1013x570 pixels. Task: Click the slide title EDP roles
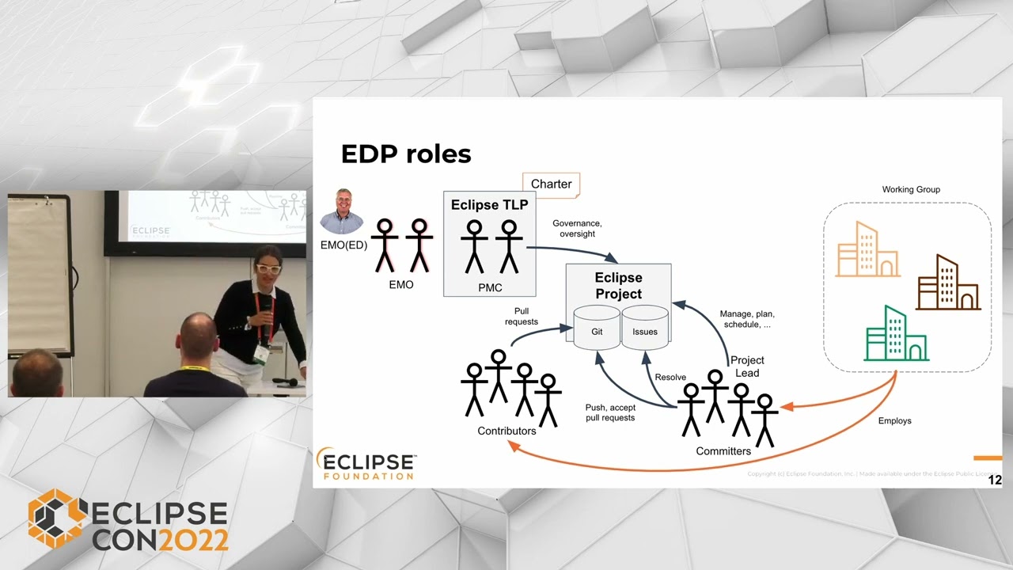pyautogui.click(x=405, y=154)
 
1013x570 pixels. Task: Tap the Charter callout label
pyautogui.click(x=551, y=184)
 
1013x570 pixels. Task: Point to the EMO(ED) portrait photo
pyautogui.click(x=342, y=211)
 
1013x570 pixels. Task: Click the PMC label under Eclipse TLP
pyautogui.click(x=490, y=287)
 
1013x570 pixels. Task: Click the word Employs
pyautogui.click(x=894, y=420)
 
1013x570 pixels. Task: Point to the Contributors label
pyautogui.click(x=506, y=431)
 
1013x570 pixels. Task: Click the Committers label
pyautogui.click(x=723, y=451)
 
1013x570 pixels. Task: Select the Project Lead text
pyautogui.click(x=746, y=367)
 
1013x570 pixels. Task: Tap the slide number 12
pyautogui.click(x=995, y=480)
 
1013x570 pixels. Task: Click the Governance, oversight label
pyautogui.click(x=577, y=229)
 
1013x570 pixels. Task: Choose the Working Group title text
pyautogui.click(x=911, y=190)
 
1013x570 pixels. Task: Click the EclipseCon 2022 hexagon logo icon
pyautogui.click(x=56, y=519)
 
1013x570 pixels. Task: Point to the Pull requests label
pyautogui.click(x=521, y=317)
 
